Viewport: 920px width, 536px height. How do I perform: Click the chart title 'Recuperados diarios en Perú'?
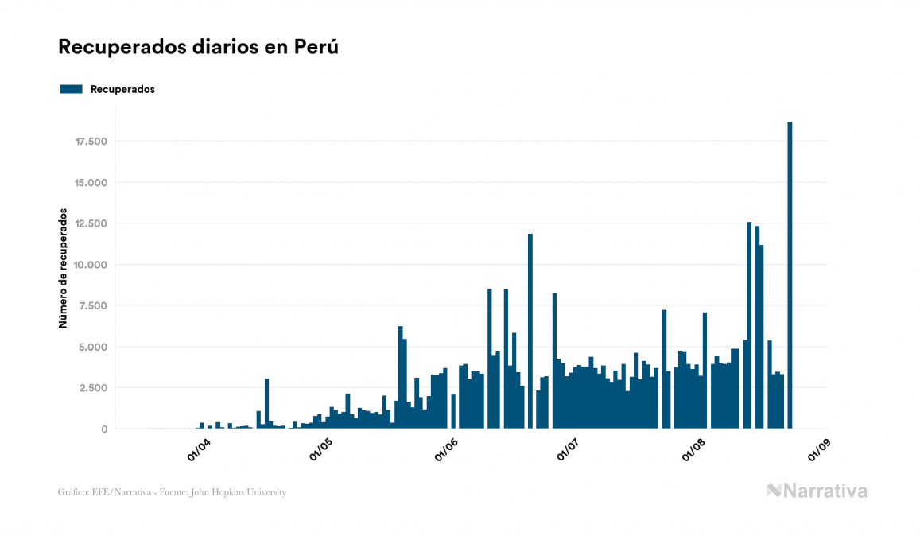[198, 47]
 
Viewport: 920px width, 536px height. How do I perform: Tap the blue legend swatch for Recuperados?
[71, 89]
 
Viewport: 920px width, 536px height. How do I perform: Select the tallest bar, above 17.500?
[790, 275]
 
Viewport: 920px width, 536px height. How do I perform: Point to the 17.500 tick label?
[91, 142]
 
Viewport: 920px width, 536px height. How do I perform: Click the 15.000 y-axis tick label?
[91, 183]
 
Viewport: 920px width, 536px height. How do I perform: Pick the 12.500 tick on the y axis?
[91, 223]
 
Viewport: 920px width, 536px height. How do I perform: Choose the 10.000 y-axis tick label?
[91, 265]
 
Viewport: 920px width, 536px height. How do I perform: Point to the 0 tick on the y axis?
[104, 429]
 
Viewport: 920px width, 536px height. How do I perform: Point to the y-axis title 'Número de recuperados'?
[62, 273]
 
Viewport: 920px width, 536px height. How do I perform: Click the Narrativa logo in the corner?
[817, 491]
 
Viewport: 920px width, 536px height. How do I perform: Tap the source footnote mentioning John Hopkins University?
[172, 492]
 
